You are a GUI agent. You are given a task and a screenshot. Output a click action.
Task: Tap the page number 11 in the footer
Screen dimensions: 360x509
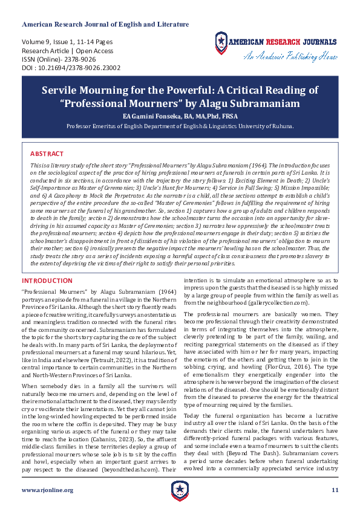click(x=334, y=490)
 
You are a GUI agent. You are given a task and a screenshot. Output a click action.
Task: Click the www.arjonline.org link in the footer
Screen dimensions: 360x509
click(x=47, y=490)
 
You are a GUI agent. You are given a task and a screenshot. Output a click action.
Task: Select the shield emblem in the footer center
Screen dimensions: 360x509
click(x=180, y=490)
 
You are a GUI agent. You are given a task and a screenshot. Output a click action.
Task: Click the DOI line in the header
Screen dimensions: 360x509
click(x=71, y=68)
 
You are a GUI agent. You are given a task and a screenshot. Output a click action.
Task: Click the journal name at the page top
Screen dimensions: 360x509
click(x=105, y=24)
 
